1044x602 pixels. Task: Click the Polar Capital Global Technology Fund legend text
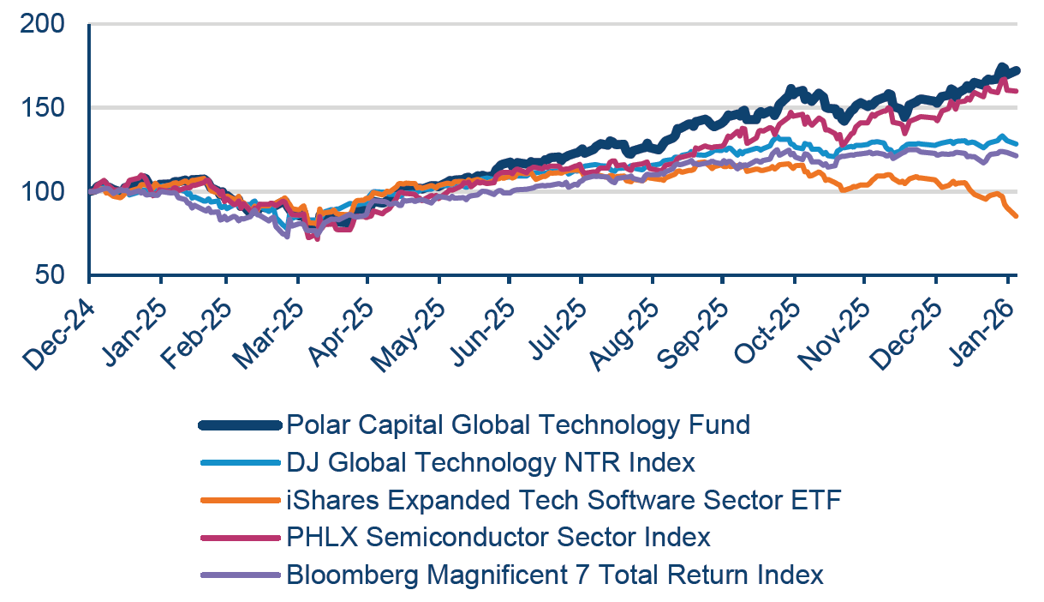(x=518, y=424)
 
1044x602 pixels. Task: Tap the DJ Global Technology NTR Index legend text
(x=491, y=463)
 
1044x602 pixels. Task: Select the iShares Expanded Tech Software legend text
(x=564, y=500)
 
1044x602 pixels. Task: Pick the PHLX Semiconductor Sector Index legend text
(x=498, y=538)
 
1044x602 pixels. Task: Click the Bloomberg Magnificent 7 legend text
(x=555, y=575)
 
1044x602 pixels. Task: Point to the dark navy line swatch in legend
(x=240, y=424)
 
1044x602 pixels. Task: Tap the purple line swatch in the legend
(x=240, y=575)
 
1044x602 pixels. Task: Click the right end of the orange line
(x=1016, y=216)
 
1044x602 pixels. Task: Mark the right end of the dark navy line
(x=1017, y=70)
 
